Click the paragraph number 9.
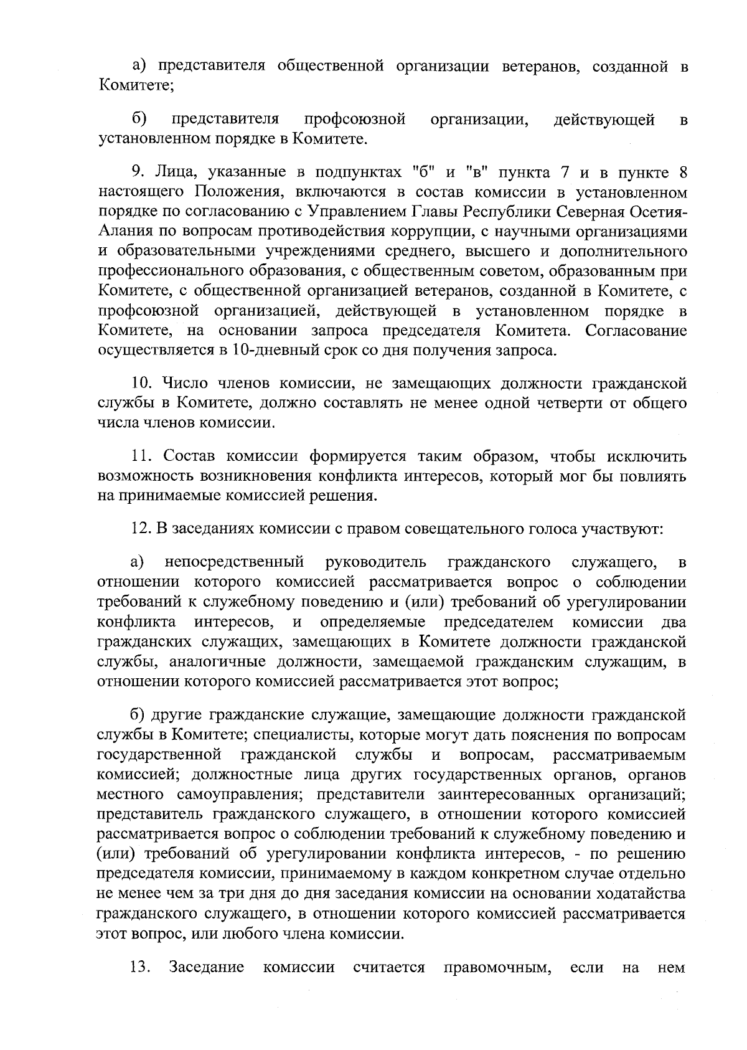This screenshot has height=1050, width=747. (138, 173)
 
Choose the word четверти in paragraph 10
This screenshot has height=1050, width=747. (554, 403)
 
